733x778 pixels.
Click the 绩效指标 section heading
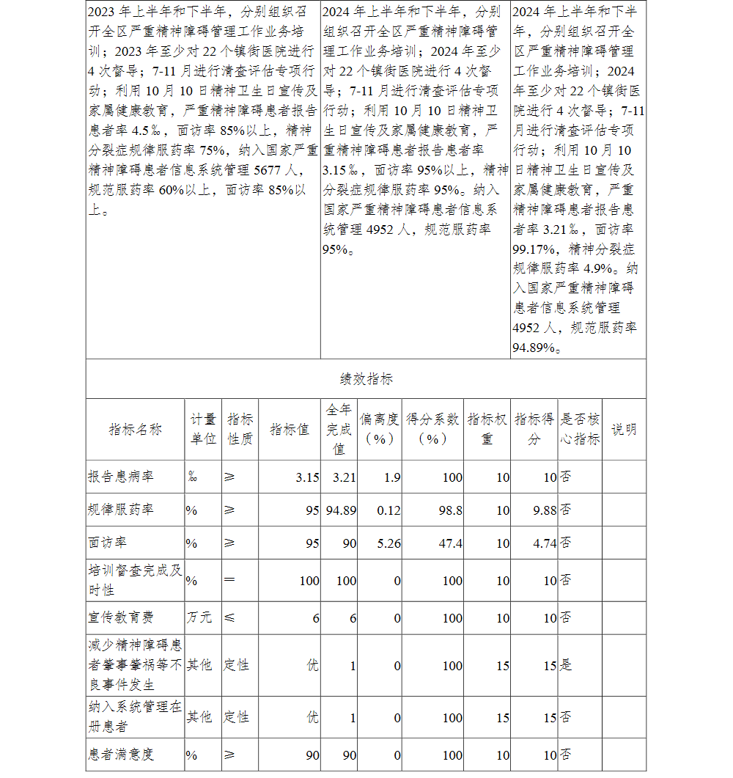[x=366, y=379]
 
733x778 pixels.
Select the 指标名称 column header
[x=135, y=430]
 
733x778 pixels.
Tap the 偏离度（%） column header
[x=379, y=429]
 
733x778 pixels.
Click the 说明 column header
[x=624, y=430]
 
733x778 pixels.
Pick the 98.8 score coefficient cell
[x=452, y=510]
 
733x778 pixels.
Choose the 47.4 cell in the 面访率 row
[x=452, y=543]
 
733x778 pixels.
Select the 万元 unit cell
[x=199, y=618]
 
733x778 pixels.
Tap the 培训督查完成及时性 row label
[x=135, y=580]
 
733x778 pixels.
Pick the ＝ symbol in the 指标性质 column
[x=229, y=581]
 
